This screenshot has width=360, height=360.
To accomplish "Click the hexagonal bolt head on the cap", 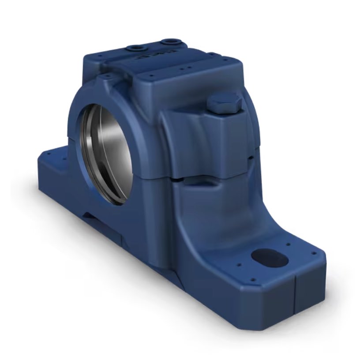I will pyautogui.click(x=224, y=102).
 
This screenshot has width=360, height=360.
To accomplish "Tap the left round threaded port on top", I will pyautogui.click(x=134, y=47).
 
